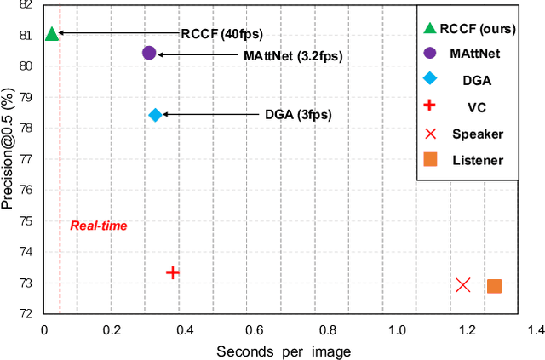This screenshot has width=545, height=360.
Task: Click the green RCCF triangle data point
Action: pos(51,34)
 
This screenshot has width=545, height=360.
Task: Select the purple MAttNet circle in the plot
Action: pos(149,53)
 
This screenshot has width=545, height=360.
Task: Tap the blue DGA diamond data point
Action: pos(155,115)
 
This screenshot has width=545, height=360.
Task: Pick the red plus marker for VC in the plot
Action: pos(173,272)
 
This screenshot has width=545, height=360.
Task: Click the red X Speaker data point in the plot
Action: pos(463,284)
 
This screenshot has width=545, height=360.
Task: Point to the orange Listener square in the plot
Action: pos(494,286)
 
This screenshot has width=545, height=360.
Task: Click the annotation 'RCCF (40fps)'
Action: pos(221,34)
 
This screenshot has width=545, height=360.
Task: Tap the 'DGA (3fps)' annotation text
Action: pos(298,115)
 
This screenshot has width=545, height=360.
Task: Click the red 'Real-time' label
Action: pos(98,226)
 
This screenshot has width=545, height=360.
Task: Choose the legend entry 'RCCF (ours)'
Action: pos(482,28)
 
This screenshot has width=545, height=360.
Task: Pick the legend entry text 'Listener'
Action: pos(477,160)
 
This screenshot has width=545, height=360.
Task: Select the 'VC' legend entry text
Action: pos(477,107)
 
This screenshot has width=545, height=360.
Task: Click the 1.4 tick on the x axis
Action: pos(535,330)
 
